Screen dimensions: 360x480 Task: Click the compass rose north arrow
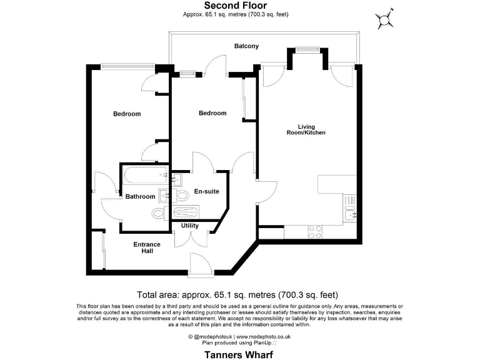pyautogui.click(x=384, y=19)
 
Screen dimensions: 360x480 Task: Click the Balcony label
pyautogui.click(x=246, y=46)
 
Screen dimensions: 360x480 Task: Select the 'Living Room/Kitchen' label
pyautogui.click(x=306, y=129)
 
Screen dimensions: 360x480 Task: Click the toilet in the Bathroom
pyautogui.click(x=159, y=214)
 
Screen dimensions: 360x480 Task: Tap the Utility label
pyautogui.click(x=190, y=225)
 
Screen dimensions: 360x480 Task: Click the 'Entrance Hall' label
pyautogui.click(x=147, y=247)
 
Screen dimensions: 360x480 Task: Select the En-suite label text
pyautogui.click(x=206, y=191)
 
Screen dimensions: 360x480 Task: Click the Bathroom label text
pyautogui.click(x=140, y=197)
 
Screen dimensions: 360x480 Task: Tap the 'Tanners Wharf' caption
pyautogui.click(x=239, y=353)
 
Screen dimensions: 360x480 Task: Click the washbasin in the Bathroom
pyautogui.click(x=164, y=196)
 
